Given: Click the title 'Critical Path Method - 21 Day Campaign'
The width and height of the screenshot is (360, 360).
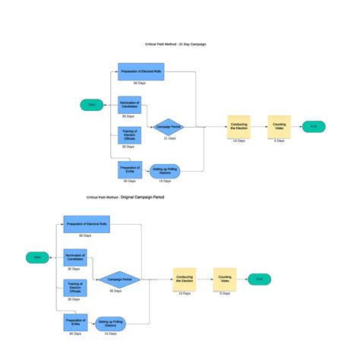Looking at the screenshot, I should tap(175, 45).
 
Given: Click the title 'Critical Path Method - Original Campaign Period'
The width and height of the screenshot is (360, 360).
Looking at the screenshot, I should tap(125, 197).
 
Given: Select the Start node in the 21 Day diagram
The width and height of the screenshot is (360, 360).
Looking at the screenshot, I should tap(92, 105).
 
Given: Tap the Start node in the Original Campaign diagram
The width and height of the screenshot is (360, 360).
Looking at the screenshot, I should tap(36, 257).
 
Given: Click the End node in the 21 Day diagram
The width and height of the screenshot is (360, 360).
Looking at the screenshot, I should tap(314, 126).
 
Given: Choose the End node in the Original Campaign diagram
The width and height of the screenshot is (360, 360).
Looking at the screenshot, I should tap(259, 279).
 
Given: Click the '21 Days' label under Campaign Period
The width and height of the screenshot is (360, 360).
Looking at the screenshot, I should tap(170, 139).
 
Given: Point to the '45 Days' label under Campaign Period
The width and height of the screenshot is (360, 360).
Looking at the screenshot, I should tap(115, 292).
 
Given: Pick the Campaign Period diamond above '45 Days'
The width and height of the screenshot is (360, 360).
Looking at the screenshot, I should tap(115, 279).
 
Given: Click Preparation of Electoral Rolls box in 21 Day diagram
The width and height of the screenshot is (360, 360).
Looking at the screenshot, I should tap(141, 72).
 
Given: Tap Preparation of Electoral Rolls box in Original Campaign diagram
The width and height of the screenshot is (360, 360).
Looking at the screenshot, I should tap(87, 225).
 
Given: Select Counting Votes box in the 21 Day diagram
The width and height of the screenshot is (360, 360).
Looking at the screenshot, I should tap(279, 126).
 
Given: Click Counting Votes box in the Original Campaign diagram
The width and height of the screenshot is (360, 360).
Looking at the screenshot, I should tap(225, 279).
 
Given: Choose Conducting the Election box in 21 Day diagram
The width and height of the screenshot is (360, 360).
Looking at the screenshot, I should tap(239, 126).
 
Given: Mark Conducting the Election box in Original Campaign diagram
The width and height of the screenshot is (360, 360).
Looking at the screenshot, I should tap(185, 279).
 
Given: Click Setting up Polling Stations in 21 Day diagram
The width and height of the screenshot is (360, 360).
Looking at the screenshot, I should tap(165, 171).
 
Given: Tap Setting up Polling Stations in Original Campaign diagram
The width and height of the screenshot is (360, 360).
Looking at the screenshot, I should tap(110, 324).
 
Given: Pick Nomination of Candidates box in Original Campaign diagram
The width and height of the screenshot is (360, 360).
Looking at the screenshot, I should tap(74, 257).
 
